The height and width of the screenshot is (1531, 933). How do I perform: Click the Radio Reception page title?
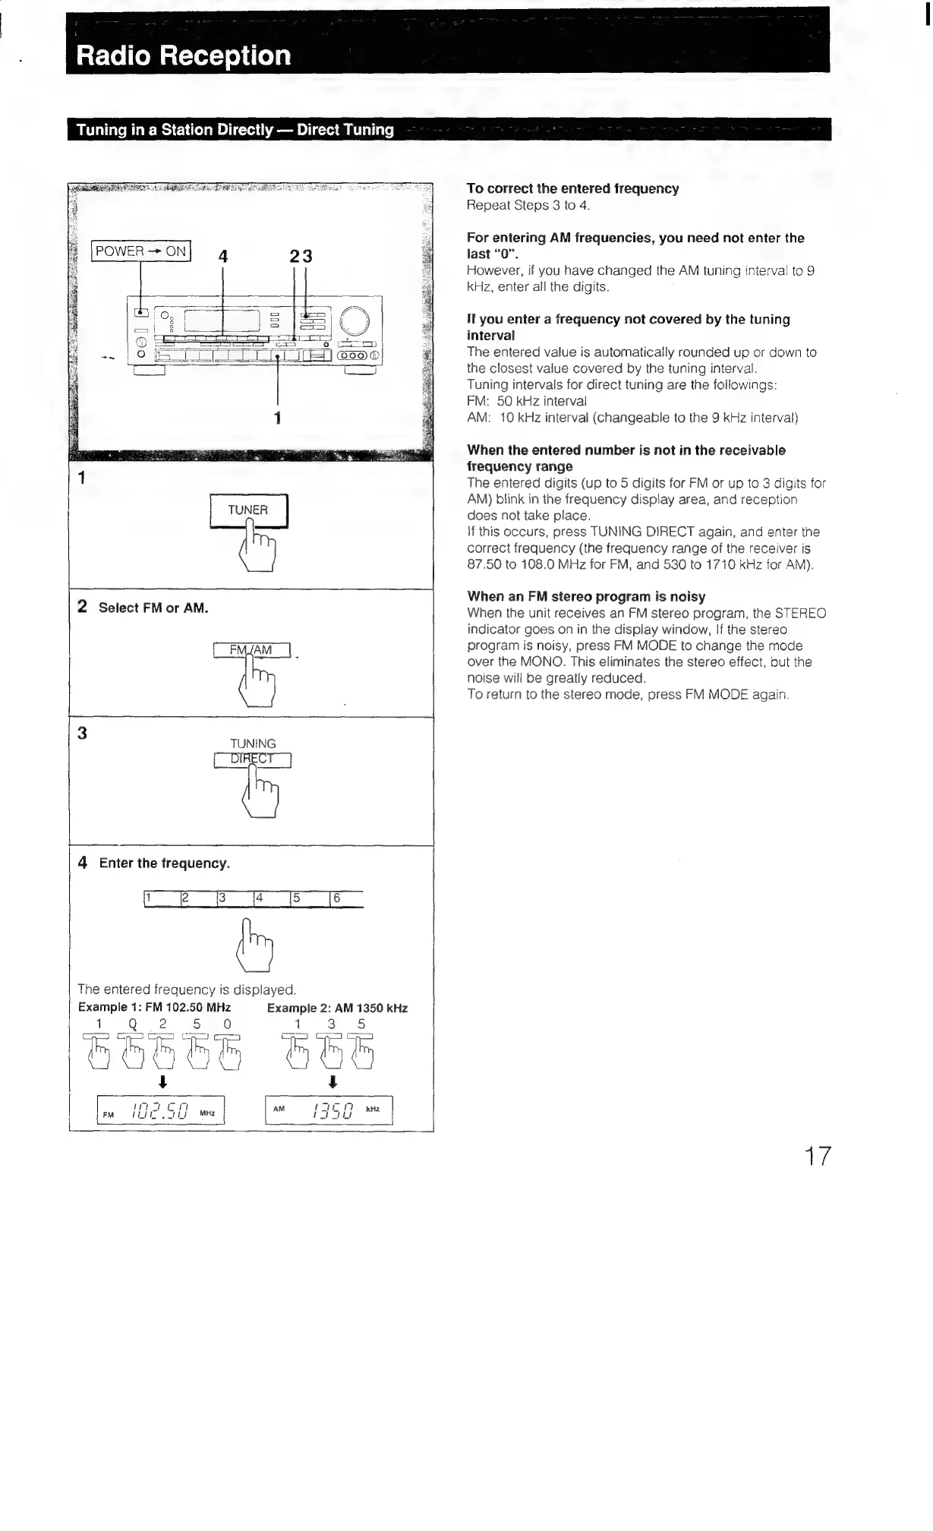pos(183,55)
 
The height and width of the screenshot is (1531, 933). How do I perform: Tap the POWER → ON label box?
pos(141,251)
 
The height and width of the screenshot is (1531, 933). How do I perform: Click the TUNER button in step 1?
pos(248,510)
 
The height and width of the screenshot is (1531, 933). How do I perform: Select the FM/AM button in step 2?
pos(252,650)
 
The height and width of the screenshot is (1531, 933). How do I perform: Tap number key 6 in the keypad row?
pos(346,899)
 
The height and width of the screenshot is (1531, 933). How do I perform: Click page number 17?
pos(818,1157)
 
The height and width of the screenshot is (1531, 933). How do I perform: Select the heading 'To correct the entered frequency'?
pos(572,188)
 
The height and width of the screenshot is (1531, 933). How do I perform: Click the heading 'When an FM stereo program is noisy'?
pos(586,596)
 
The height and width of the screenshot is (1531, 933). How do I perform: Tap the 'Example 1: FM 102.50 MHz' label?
pos(154,1007)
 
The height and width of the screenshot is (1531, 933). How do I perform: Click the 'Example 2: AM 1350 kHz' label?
pos(337,1008)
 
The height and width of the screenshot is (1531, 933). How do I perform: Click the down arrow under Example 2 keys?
pos(332,1081)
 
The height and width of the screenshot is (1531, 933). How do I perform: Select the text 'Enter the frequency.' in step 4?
pos(164,863)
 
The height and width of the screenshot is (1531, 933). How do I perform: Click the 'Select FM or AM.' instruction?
pos(153,608)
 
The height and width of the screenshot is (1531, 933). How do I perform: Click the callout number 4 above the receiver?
pos(223,257)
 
